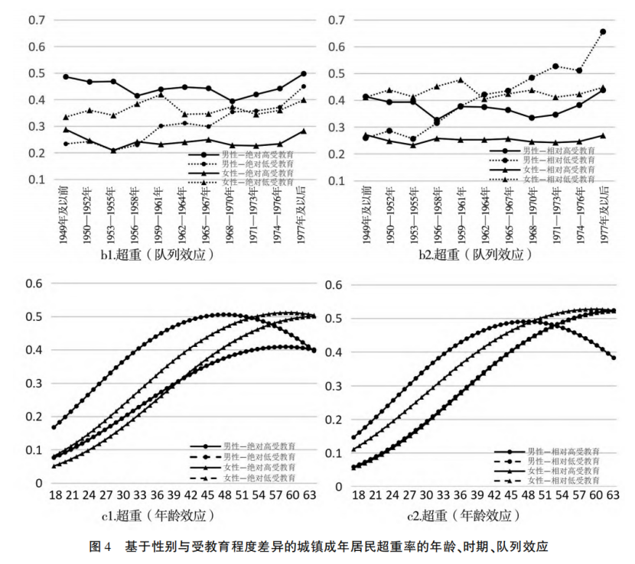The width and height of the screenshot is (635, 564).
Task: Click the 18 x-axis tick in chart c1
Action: click(55, 495)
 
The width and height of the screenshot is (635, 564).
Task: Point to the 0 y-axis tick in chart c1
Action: click(40, 483)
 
